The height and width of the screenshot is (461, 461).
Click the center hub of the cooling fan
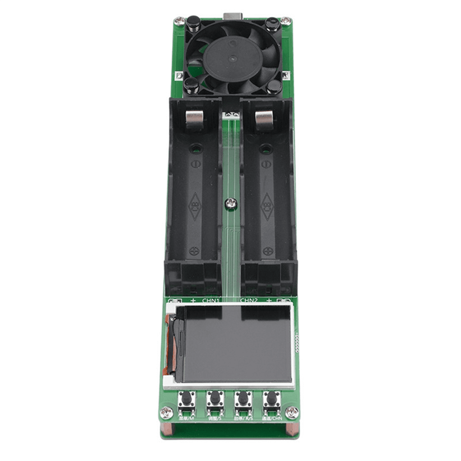coord(232,58)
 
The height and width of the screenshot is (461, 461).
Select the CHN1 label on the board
coord(211,301)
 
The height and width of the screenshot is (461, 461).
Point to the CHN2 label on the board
coord(249,301)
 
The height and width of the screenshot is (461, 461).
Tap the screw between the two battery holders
coord(231,203)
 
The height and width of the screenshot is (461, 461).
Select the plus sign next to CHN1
coord(193,301)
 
